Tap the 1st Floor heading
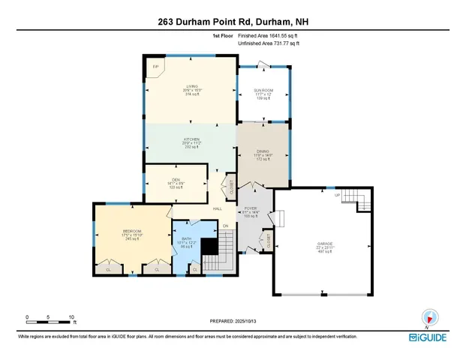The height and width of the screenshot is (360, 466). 222,35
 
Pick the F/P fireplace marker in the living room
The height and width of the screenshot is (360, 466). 156,67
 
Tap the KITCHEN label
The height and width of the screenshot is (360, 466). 192,139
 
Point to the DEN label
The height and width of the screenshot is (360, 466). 176,180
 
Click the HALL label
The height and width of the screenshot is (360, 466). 218,208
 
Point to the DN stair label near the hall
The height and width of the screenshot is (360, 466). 225,225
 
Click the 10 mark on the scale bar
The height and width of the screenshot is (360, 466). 71,316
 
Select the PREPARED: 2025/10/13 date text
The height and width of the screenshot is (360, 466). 232,319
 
